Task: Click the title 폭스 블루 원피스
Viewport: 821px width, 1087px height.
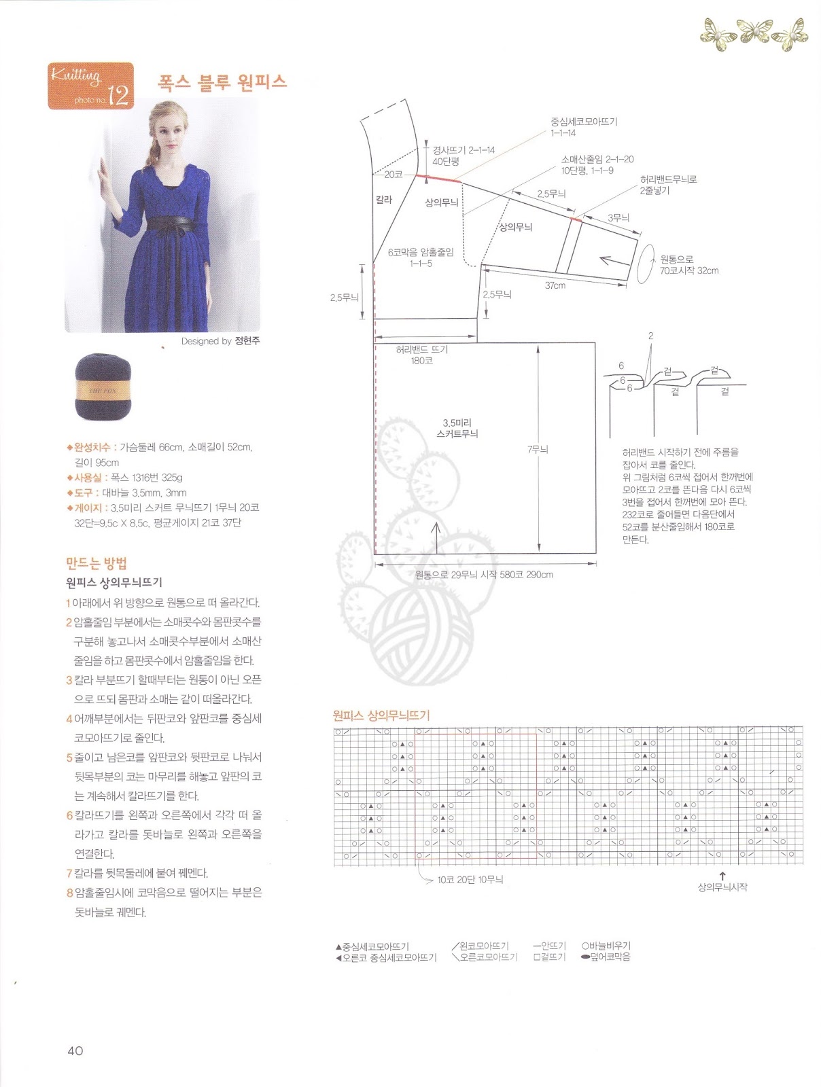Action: tap(222, 82)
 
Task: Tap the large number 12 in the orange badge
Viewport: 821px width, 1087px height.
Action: tap(118, 96)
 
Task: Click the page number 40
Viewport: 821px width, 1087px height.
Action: tap(75, 1050)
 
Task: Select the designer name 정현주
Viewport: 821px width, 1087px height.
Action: tap(247, 341)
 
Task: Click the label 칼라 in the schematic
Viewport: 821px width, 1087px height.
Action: tap(384, 200)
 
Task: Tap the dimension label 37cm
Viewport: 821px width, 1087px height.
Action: tap(555, 285)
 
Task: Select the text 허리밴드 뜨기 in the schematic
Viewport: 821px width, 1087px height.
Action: tap(421, 349)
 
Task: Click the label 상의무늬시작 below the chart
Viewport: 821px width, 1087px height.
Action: tap(722, 887)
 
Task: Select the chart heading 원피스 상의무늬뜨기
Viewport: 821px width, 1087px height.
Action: tap(381, 715)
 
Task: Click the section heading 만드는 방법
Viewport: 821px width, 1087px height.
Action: tap(97, 563)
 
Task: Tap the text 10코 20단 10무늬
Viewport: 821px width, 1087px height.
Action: tap(470, 880)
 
